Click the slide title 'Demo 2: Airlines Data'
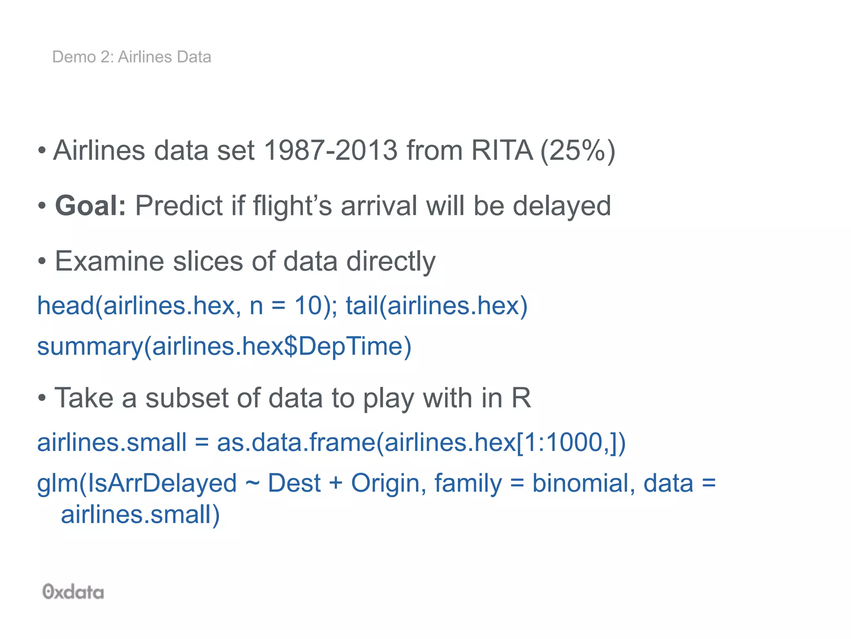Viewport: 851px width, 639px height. [131, 57]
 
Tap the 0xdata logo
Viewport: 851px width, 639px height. [73, 592]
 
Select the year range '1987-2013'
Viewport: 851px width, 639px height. [331, 150]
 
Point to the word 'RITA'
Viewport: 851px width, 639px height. [502, 150]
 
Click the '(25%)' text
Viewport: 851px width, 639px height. [578, 151]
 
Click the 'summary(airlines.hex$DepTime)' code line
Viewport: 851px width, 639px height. [224, 347]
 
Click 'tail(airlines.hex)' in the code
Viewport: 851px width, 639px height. [436, 305]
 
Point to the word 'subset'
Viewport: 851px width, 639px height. [187, 398]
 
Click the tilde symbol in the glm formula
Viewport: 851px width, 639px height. [252, 483]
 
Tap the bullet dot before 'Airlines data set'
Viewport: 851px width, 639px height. [42, 151]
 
